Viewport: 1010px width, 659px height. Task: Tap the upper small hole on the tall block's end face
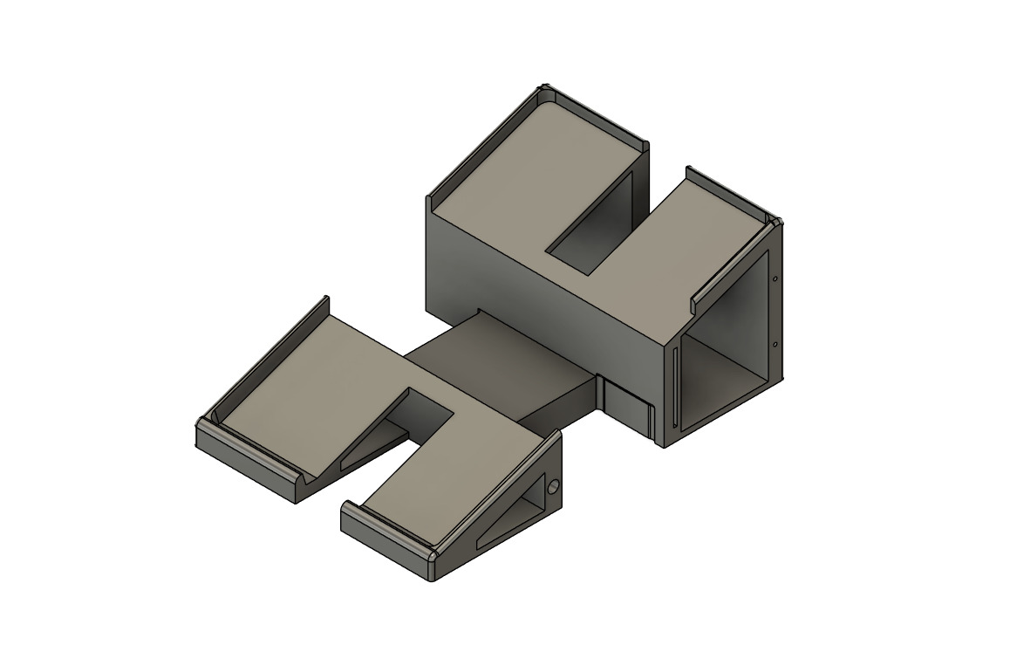775,279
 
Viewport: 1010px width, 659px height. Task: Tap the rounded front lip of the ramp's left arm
253,457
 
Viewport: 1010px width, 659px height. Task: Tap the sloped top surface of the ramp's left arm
305,384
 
